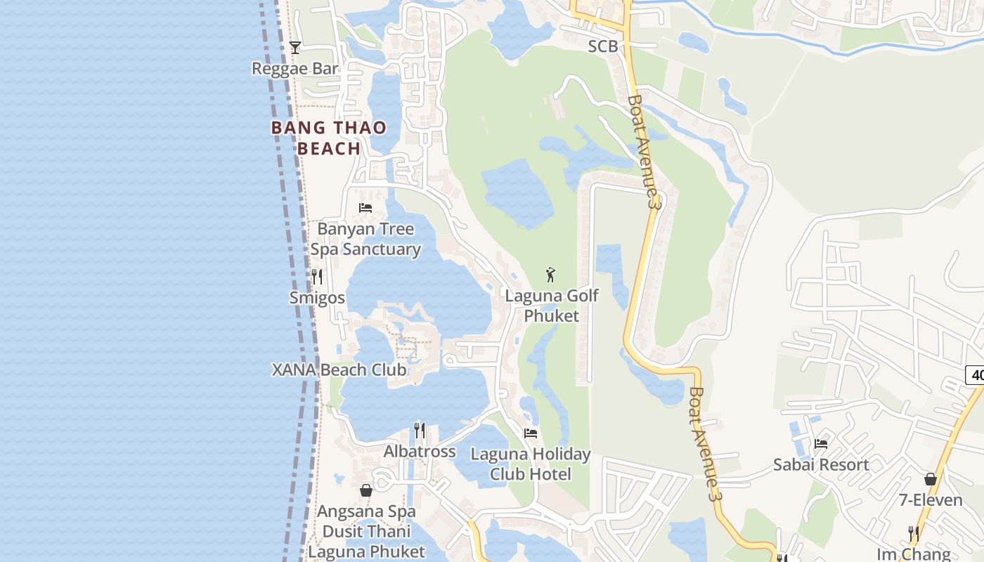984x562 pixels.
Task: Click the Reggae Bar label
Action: click(x=295, y=69)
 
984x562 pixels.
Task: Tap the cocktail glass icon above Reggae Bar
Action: click(x=295, y=48)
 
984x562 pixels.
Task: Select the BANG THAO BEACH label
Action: click(x=329, y=138)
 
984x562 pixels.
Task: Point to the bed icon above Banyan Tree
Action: click(x=365, y=207)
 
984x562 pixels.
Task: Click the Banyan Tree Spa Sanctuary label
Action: click(x=365, y=240)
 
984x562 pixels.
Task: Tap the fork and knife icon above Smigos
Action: click(x=317, y=277)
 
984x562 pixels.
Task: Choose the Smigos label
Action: click(x=317, y=298)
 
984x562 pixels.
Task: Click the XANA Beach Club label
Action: click(x=339, y=370)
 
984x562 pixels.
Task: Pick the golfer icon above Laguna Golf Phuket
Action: click(x=551, y=275)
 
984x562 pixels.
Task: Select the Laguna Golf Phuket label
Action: click(x=552, y=306)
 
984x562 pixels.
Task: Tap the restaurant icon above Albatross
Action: click(x=420, y=430)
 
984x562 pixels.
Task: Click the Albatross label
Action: click(x=420, y=452)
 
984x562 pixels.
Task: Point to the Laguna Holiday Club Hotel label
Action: click(x=531, y=464)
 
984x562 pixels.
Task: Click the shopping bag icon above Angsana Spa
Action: click(x=366, y=490)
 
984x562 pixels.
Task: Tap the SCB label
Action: click(x=603, y=46)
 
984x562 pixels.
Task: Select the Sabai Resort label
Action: click(x=821, y=465)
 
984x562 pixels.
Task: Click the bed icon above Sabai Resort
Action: click(x=821, y=443)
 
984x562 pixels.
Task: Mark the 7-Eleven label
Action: click(x=931, y=500)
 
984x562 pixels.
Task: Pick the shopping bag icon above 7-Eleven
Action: click(x=931, y=479)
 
